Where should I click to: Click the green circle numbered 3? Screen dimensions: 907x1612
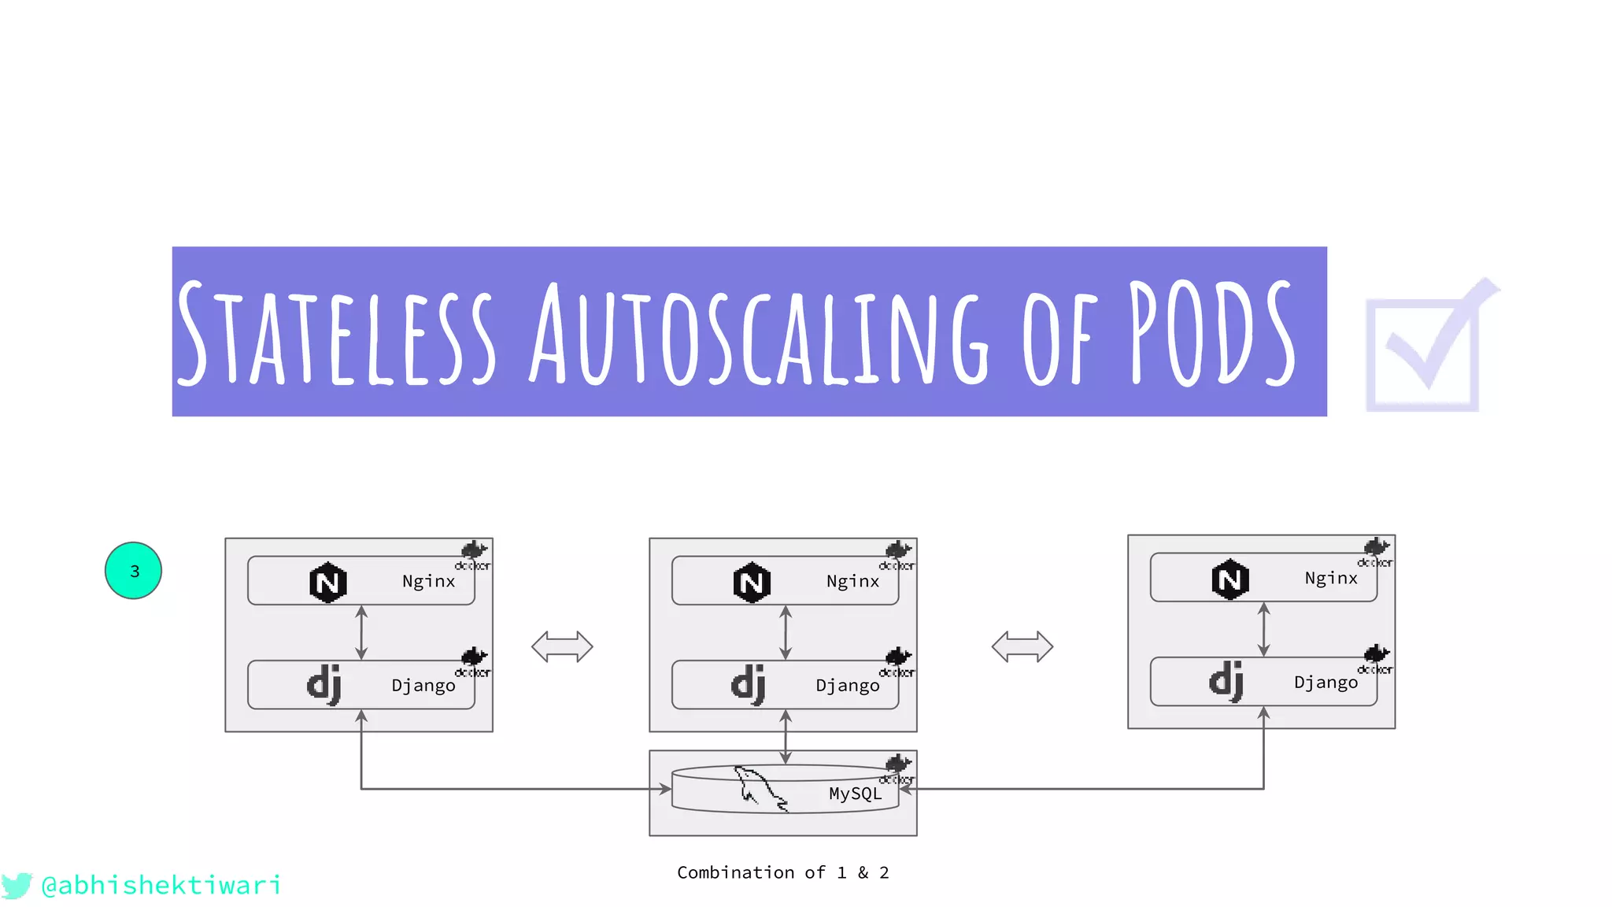click(x=133, y=571)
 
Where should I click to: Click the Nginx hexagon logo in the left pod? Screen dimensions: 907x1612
click(x=327, y=583)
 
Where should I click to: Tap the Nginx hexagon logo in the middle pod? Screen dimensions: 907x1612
click(x=752, y=583)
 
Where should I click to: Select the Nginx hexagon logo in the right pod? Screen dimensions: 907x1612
click(x=1230, y=579)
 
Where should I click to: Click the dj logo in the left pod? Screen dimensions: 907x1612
click(x=324, y=683)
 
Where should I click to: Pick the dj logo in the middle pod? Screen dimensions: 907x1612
click(x=749, y=683)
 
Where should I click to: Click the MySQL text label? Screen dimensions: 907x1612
click(x=855, y=794)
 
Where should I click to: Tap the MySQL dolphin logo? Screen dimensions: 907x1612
click(x=759, y=787)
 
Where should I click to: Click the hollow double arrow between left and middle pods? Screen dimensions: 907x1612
click(x=562, y=646)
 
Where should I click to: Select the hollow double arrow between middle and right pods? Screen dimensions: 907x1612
click(x=1022, y=646)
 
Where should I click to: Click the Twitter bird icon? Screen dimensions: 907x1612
click(x=17, y=885)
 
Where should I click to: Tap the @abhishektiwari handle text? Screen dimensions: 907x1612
click(x=161, y=885)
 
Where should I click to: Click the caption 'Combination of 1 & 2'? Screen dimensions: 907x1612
click(x=783, y=872)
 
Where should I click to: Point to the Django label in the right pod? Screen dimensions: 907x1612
click(x=1325, y=682)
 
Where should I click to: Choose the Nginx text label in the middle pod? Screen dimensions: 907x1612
click(x=852, y=581)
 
